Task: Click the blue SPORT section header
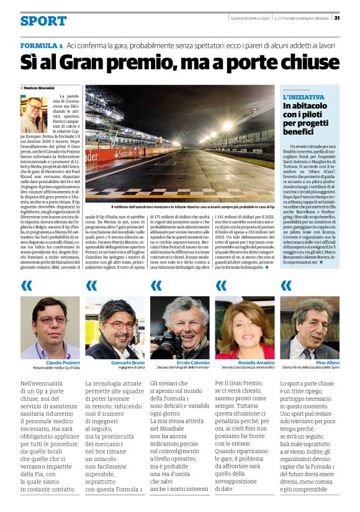tap(43, 21)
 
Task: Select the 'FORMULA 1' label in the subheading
tap(41, 47)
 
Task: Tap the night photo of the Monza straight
tap(179, 146)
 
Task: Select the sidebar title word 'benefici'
tap(300, 132)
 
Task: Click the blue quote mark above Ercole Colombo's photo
tap(156, 286)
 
